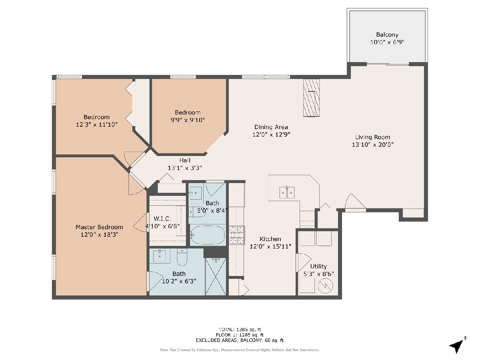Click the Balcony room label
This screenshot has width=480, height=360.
(x=387, y=34)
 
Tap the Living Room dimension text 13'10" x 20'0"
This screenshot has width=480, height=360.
(x=373, y=144)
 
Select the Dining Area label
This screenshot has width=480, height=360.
(x=271, y=127)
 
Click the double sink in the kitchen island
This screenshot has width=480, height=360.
(x=287, y=192)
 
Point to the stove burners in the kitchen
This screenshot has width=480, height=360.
(x=237, y=235)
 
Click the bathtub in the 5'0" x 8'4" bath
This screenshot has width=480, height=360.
(x=207, y=235)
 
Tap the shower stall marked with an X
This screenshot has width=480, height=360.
(x=216, y=276)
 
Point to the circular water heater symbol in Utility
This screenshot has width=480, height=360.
(x=325, y=286)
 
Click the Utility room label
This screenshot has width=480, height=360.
(x=318, y=266)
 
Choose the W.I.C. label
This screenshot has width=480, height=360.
(x=162, y=218)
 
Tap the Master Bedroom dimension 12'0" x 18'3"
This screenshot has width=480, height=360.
(x=100, y=234)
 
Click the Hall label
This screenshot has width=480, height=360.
(x=185, y=160)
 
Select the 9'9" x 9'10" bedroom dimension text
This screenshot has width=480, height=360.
(x=188, y=120)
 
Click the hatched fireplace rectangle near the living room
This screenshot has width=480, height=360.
(x=311, y=98)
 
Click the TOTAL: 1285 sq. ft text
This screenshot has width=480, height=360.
(x=240, y=329)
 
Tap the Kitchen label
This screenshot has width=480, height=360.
(x=270, y=239)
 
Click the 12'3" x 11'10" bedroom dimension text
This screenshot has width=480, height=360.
(x=97, y=124)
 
